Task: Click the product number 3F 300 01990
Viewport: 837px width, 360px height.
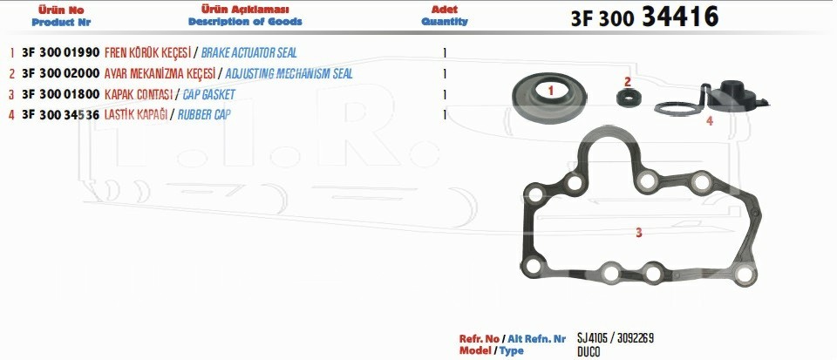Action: (x=61, y=53)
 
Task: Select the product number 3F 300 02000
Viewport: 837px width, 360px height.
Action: (x=61, y=73)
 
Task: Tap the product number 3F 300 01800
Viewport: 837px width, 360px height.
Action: (x=61, y=94)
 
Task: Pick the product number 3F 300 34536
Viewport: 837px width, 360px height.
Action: (x=61, y=115)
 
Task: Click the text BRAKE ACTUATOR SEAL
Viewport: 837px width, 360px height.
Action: (x=248, y=53)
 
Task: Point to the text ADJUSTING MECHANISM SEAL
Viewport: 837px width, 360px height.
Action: (x=289, y=73)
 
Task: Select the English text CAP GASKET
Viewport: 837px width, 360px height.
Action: (x=208, y=95)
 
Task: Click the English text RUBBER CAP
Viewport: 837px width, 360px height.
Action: (x=204, y=115)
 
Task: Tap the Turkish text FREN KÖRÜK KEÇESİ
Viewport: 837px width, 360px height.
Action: (x=147, y=53)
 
